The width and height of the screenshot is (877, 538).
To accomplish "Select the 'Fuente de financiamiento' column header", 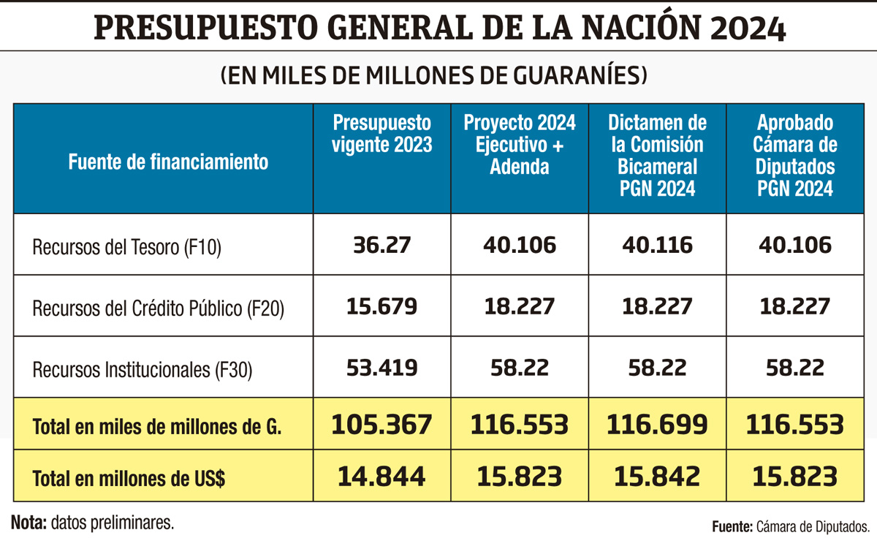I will coord(168,162).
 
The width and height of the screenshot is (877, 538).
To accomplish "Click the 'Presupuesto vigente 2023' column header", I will coord(381,134).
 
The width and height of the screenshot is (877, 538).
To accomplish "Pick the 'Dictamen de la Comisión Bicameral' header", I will coord(658,155).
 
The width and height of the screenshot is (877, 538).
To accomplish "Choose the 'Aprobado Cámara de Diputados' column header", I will coord(795,155).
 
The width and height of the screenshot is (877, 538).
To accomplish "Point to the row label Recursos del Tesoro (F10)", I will coord(126,247).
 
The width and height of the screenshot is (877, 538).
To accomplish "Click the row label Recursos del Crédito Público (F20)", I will coord(158,308).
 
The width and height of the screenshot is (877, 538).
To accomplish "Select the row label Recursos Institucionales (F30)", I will coord(142,370).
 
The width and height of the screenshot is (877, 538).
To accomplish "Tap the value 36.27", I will coord(381,245).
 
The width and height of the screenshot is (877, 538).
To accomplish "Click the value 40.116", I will coord(658,245).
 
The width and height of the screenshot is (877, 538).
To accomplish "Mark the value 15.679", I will coord(381,306).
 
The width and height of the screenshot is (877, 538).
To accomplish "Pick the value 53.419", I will coord(381,367).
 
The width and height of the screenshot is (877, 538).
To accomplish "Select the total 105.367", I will coord(381,424).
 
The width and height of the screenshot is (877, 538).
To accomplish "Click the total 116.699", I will coord(658,424).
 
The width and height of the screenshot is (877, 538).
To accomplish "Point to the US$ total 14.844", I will coord(381,477).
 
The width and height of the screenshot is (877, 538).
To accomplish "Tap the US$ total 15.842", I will coord(658,477).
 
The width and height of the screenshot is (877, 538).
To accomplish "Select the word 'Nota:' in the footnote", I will coord(29,522).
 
